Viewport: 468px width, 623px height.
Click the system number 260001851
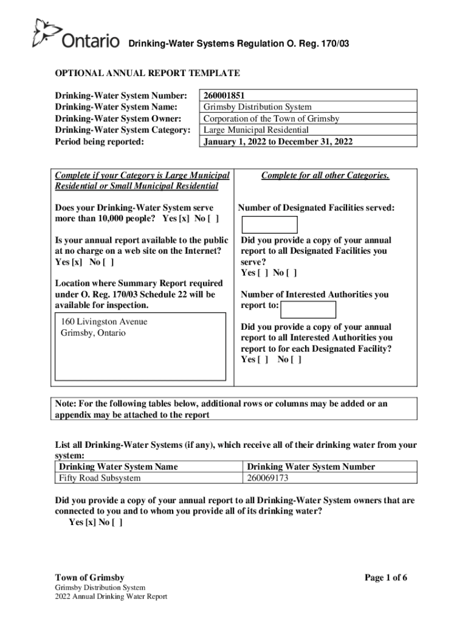[x=225, y=96]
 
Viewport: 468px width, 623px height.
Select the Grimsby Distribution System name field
[x=257, y=107]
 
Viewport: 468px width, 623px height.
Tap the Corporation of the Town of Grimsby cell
[x=271, y=119]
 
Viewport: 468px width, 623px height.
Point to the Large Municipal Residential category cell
[x=256, y=130]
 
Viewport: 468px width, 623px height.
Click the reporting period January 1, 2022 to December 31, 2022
[x=278, y=142]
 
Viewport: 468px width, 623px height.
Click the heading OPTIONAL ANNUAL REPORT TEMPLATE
[x=148, y=74]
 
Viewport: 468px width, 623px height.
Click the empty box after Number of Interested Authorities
[x=308, y=310]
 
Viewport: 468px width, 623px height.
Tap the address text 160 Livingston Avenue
[x=104, y=322]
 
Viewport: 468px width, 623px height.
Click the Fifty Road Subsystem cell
[x=100, y=478]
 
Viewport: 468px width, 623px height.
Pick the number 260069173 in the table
[x=267, y=478]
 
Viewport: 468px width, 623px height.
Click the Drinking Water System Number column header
[x=311, y=467]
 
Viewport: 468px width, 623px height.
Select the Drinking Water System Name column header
[x=119, y=467]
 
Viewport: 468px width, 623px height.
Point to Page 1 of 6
[x=385, y=577]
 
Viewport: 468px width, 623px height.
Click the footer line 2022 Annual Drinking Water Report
[x=111, y=596]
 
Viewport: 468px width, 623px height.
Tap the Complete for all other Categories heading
[x=325, y=176]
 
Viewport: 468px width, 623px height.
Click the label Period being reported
[x=100, y=142]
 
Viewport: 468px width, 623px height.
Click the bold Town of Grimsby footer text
[x=90, y=577]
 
